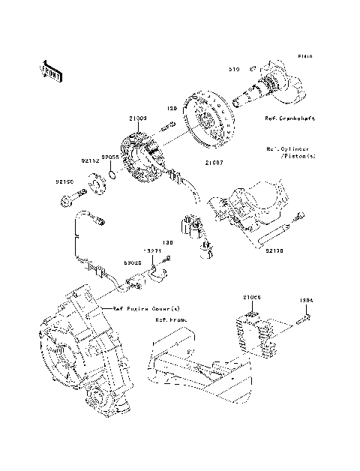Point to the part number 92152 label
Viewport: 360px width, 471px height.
pos(89,160)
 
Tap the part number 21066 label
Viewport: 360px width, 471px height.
pos(251,298)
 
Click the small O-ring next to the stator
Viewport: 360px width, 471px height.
pos(110,175)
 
